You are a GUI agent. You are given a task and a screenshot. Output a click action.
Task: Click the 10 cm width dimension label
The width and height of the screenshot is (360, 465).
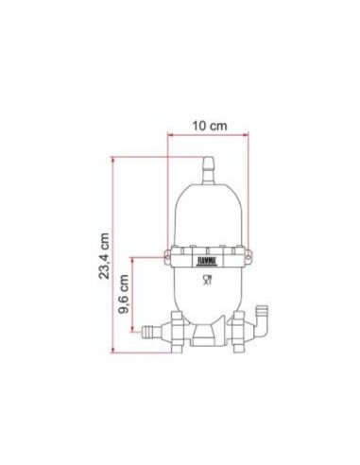click(206, 124)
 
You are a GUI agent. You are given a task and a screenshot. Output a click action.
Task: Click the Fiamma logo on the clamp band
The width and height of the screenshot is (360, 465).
click(207, 255)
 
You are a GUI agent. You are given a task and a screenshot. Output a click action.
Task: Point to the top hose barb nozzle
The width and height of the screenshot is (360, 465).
click(207, 163)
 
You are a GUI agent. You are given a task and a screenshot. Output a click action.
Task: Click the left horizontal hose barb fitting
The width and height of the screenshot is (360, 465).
click(151, 331)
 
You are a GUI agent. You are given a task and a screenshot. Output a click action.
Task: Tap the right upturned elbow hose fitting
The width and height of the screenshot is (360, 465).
click(264, 316)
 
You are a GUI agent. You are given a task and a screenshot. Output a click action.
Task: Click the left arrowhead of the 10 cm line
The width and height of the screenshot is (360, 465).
click(171, 134)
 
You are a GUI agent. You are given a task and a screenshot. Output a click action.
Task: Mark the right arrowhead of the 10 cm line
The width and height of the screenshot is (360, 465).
click(245, 134)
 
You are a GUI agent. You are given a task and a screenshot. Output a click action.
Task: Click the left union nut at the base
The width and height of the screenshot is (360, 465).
click(175, 331)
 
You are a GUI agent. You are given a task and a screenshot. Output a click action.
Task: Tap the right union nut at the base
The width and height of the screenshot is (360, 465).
click(240, 331)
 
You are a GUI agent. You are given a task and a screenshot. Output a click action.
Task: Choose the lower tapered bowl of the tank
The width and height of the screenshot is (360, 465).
click(207, 298)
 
